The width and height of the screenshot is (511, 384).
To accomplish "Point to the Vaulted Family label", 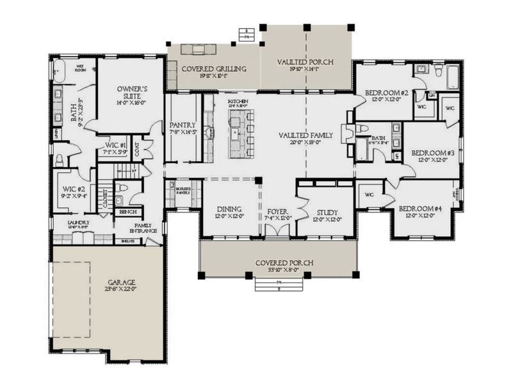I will pos(305,135).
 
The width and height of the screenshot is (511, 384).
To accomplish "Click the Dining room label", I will pos(228,209).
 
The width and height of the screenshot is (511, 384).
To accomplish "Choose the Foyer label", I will pos(278,211).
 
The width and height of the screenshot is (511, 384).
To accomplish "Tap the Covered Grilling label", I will pos(206,68).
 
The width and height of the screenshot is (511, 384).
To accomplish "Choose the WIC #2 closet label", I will pos(74,189).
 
